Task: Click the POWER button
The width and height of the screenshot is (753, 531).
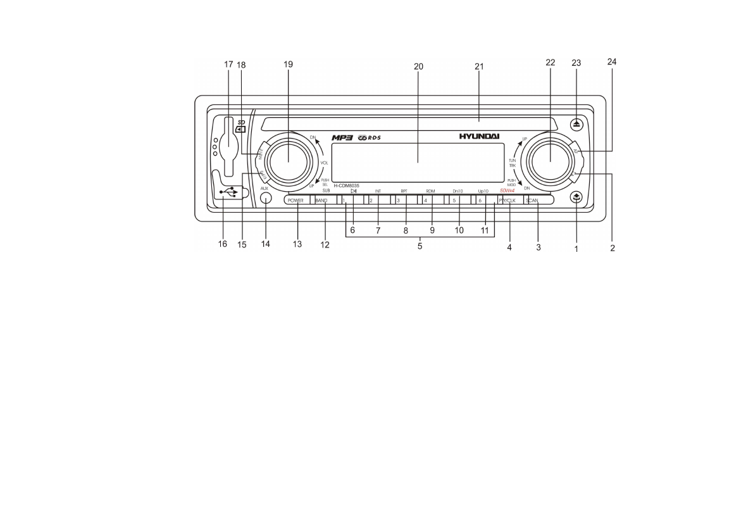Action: pyautogui.click(x=296, y=201)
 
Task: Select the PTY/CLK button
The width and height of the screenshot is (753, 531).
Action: pyautogui.click(x=507, y=201)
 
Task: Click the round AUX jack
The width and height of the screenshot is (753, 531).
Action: pyautogui.click(x=266, y=198)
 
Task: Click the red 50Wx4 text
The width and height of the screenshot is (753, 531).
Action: pyautogui.click(x=507, y=190)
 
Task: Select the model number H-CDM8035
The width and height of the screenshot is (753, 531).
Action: pyautogui.click(x=347, y=185)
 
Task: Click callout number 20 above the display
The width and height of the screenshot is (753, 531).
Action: pyautogui.click(x=418, y=65)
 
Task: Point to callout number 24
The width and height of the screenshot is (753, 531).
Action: pyautogui.click(x=612, y=62)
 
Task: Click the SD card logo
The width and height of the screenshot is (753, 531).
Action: pyautogui.click(x=240, y=127)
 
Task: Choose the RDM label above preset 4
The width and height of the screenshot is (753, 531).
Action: pyautogui.click(x=430, y=191)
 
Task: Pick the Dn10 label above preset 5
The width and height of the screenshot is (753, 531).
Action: pyautogui.click(x=457, y=191)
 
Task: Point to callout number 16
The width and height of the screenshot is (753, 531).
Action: pyautogui.click(x=223, y=244)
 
